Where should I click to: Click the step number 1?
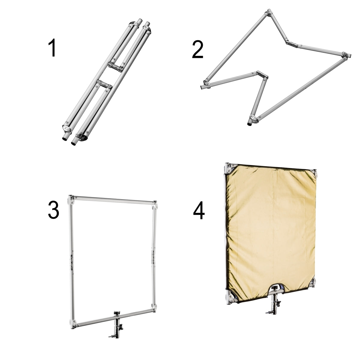click(52, 47)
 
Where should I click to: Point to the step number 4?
click(199, 210)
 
